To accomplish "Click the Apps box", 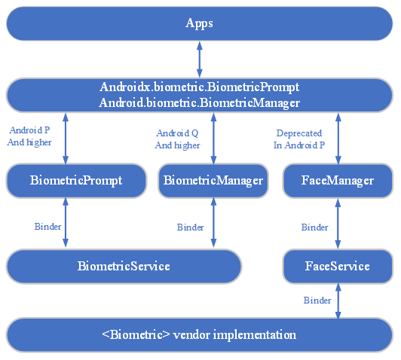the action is click(x=200, y=23).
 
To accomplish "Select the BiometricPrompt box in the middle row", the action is click(x=76, y=181).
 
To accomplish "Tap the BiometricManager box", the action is click(x=213, y=181).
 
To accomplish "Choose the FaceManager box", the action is click(x=338, y=181).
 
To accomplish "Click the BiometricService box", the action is click(x=124, y=266).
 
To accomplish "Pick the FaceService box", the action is click(x=338, y=266).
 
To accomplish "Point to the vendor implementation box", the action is click(x=200, y=335).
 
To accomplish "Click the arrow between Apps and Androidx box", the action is click(x=200, y=59).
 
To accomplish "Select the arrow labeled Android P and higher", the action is click(x=66, y=139).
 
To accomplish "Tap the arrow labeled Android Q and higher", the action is click(x=213, y=139).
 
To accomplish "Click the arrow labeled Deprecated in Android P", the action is click(x=338, y=139).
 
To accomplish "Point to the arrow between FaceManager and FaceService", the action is click(x=338, y=224).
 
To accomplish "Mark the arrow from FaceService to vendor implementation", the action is click(x=338, y=301).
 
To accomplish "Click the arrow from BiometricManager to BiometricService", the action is click(x=213, y=223).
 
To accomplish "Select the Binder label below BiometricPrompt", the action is click(x=47, y=227).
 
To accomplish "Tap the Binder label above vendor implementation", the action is click(x=317, y=301).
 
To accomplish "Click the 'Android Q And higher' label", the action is click(x=177, y=139).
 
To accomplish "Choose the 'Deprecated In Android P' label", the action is click(x=299, y=139).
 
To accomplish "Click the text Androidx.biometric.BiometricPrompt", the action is click(x=200, y=87).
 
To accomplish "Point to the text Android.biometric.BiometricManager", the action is click(x=200, y=103).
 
